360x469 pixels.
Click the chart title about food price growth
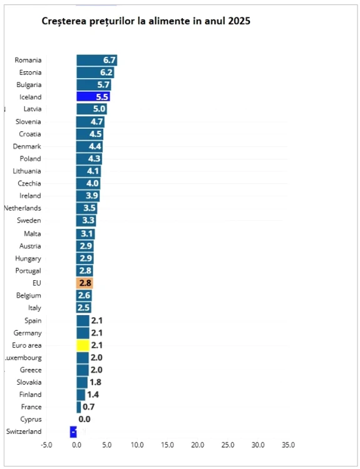point(146,21)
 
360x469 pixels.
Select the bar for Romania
point(96,60)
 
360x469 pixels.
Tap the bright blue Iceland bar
point(93,97)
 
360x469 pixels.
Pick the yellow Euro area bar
point(82,345)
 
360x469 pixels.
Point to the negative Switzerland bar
point(73,431)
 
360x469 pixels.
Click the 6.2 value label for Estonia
point(106,73)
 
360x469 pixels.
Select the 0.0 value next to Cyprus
point(84,419)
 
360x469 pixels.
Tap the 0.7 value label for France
point(88,406)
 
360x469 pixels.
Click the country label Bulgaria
point(28,84)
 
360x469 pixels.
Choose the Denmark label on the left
point(27,146)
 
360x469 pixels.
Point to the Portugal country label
point(28,270)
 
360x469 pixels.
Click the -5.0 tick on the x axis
point(46,445)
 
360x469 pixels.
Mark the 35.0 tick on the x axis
point(288,445)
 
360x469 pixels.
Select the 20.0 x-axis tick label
point(197,445)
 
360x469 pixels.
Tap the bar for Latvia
point(91,109)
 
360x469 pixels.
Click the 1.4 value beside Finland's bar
point(92,394)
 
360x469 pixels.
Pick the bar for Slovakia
point(82,382)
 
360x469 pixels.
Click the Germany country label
point(28,333)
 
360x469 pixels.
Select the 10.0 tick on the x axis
point(137,445)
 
